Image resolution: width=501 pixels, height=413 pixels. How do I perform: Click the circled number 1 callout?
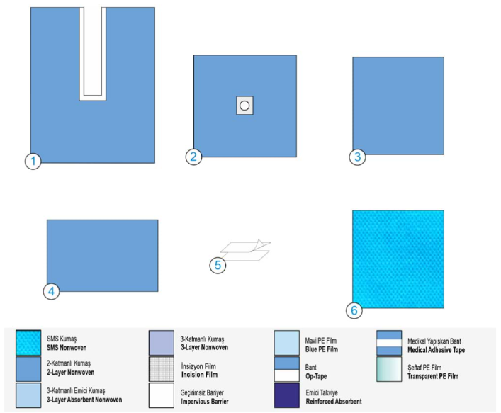[33, 162]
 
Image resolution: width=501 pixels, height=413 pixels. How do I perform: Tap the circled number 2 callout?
[193, 157]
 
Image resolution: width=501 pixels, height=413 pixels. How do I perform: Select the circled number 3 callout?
[358, 157]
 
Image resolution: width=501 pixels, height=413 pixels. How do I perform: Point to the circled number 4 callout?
[51, 291]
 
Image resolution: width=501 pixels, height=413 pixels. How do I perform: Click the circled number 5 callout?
[218, 265]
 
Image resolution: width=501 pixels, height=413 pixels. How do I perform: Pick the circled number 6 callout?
[354, 310]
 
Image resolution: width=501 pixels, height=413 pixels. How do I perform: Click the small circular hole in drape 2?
[244, 106]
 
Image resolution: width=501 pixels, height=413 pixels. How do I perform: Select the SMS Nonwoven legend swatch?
[28, 343]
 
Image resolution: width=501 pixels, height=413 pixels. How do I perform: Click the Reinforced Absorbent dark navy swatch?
[287, 396]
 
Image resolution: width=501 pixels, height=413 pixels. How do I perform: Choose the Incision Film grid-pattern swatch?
[162, 369]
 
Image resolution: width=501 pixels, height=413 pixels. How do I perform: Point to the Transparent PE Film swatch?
[389, 369]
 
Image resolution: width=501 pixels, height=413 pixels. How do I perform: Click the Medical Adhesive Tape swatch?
[389, 343]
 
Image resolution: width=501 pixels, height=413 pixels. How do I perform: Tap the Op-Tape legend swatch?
[287, 369]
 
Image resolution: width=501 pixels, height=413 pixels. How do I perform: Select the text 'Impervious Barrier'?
[205, 402]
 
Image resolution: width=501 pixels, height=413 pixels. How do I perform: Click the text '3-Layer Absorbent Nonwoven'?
[84, 400]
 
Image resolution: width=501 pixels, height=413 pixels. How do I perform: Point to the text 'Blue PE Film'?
[322, 349]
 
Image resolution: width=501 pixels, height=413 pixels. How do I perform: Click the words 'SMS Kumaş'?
[62, 339]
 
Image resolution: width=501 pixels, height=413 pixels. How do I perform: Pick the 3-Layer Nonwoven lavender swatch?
[162, 343]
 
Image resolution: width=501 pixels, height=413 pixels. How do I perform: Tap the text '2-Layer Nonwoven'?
[70, 373]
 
